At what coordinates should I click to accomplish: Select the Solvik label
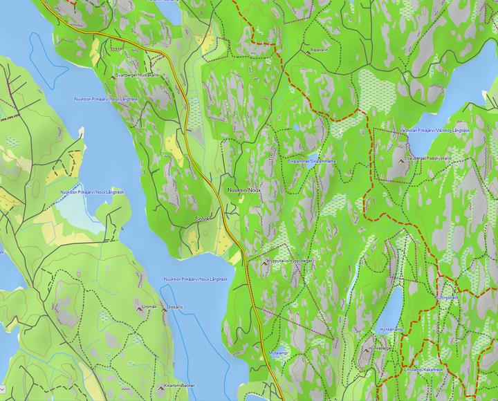[x=201, y=218]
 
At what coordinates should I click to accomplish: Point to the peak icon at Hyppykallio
[x=264, y=262]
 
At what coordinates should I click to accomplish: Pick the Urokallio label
[x=175, y=306]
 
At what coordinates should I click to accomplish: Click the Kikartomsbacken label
[x=180, y=384]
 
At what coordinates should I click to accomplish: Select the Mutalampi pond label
[x=279, y=353]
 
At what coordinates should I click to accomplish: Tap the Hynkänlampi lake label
[x=391, y=328]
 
